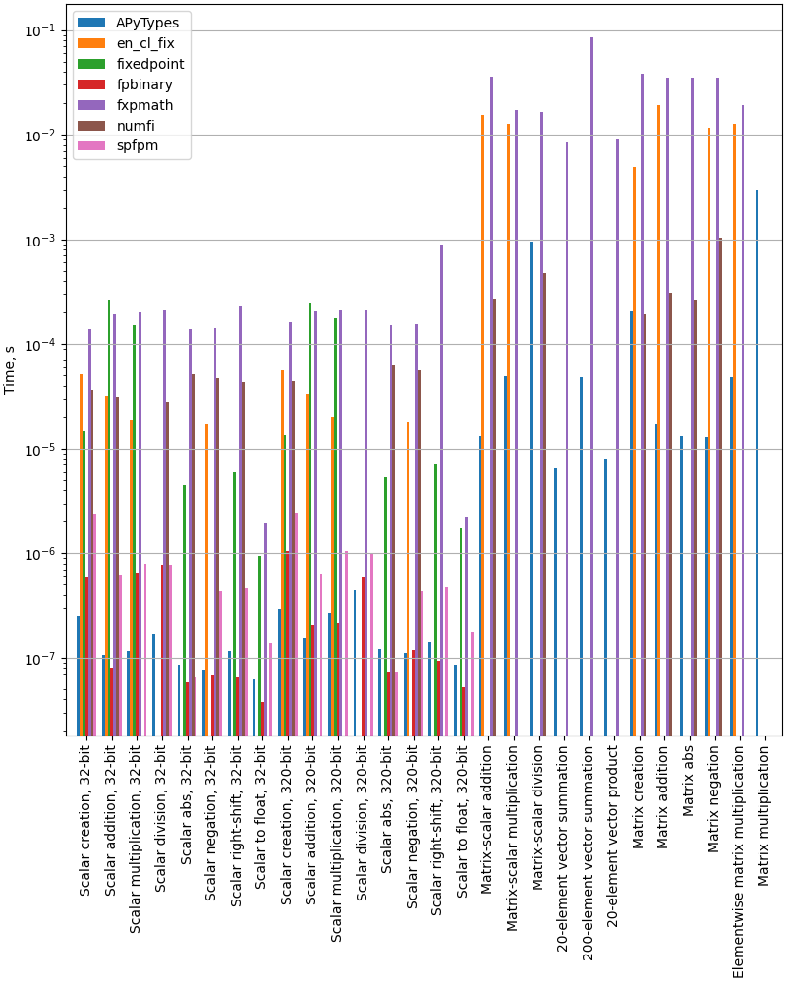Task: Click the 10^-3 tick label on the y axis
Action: pyautogui.click(x=42, y=240)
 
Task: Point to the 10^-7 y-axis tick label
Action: pyautogui.click(x=42, y=658)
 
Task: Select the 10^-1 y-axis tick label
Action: pyautogui.click(x=42, y=30)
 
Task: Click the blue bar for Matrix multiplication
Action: pyautogui.click(x=757, y=462)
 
